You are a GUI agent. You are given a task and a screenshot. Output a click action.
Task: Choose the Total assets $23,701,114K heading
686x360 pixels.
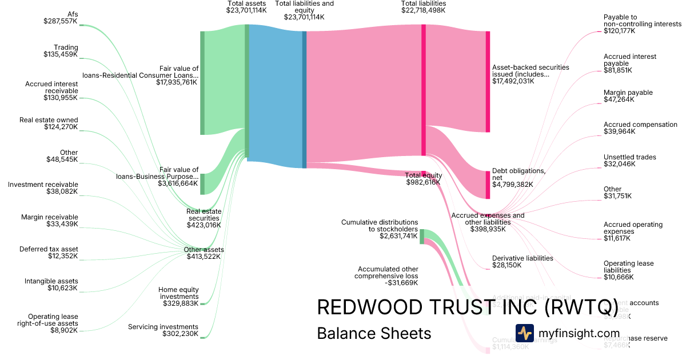click(x=246, y=7)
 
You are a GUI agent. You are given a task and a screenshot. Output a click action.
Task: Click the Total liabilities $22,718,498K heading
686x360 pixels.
click(x=424, y=7)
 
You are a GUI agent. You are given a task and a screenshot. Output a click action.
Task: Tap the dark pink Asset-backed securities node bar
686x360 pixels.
click(x=488, y=82)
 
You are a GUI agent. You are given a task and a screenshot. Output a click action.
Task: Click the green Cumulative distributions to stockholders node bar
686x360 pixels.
click(x=422, y=236)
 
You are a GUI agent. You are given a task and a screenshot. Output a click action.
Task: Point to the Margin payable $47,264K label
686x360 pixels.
click(x=628, y=96)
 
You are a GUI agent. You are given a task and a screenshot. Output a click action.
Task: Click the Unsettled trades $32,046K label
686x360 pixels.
click(x=629, y=161)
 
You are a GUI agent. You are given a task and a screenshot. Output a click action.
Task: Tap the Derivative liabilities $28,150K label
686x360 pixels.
click(x=523, y=261)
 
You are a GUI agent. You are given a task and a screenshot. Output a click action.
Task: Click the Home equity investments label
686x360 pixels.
click(x=178, y=293)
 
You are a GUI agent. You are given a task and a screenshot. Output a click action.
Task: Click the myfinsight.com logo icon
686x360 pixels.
click(x=524, y=333)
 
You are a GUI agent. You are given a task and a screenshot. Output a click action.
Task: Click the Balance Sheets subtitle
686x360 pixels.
click(x=374, y=333)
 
